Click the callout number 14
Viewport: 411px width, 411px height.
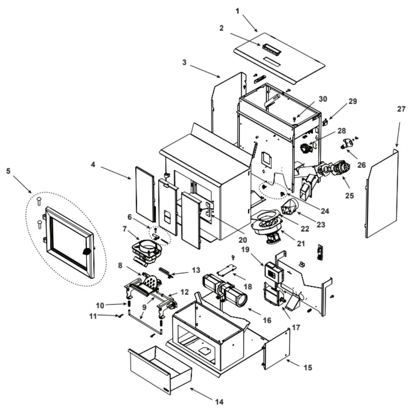219,402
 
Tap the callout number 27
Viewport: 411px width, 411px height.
401,109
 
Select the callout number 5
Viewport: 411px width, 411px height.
8,171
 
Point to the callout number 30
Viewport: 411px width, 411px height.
323,99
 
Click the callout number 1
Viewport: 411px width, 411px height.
238,11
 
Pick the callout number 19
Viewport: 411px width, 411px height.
245,249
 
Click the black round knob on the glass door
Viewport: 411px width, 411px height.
87,252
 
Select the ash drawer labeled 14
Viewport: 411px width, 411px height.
160,369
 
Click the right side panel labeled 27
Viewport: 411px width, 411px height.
382,194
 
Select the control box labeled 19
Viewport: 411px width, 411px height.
273,272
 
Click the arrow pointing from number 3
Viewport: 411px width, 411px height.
205,71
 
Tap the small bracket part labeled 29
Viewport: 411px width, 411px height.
325,122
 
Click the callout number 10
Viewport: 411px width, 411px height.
100,305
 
